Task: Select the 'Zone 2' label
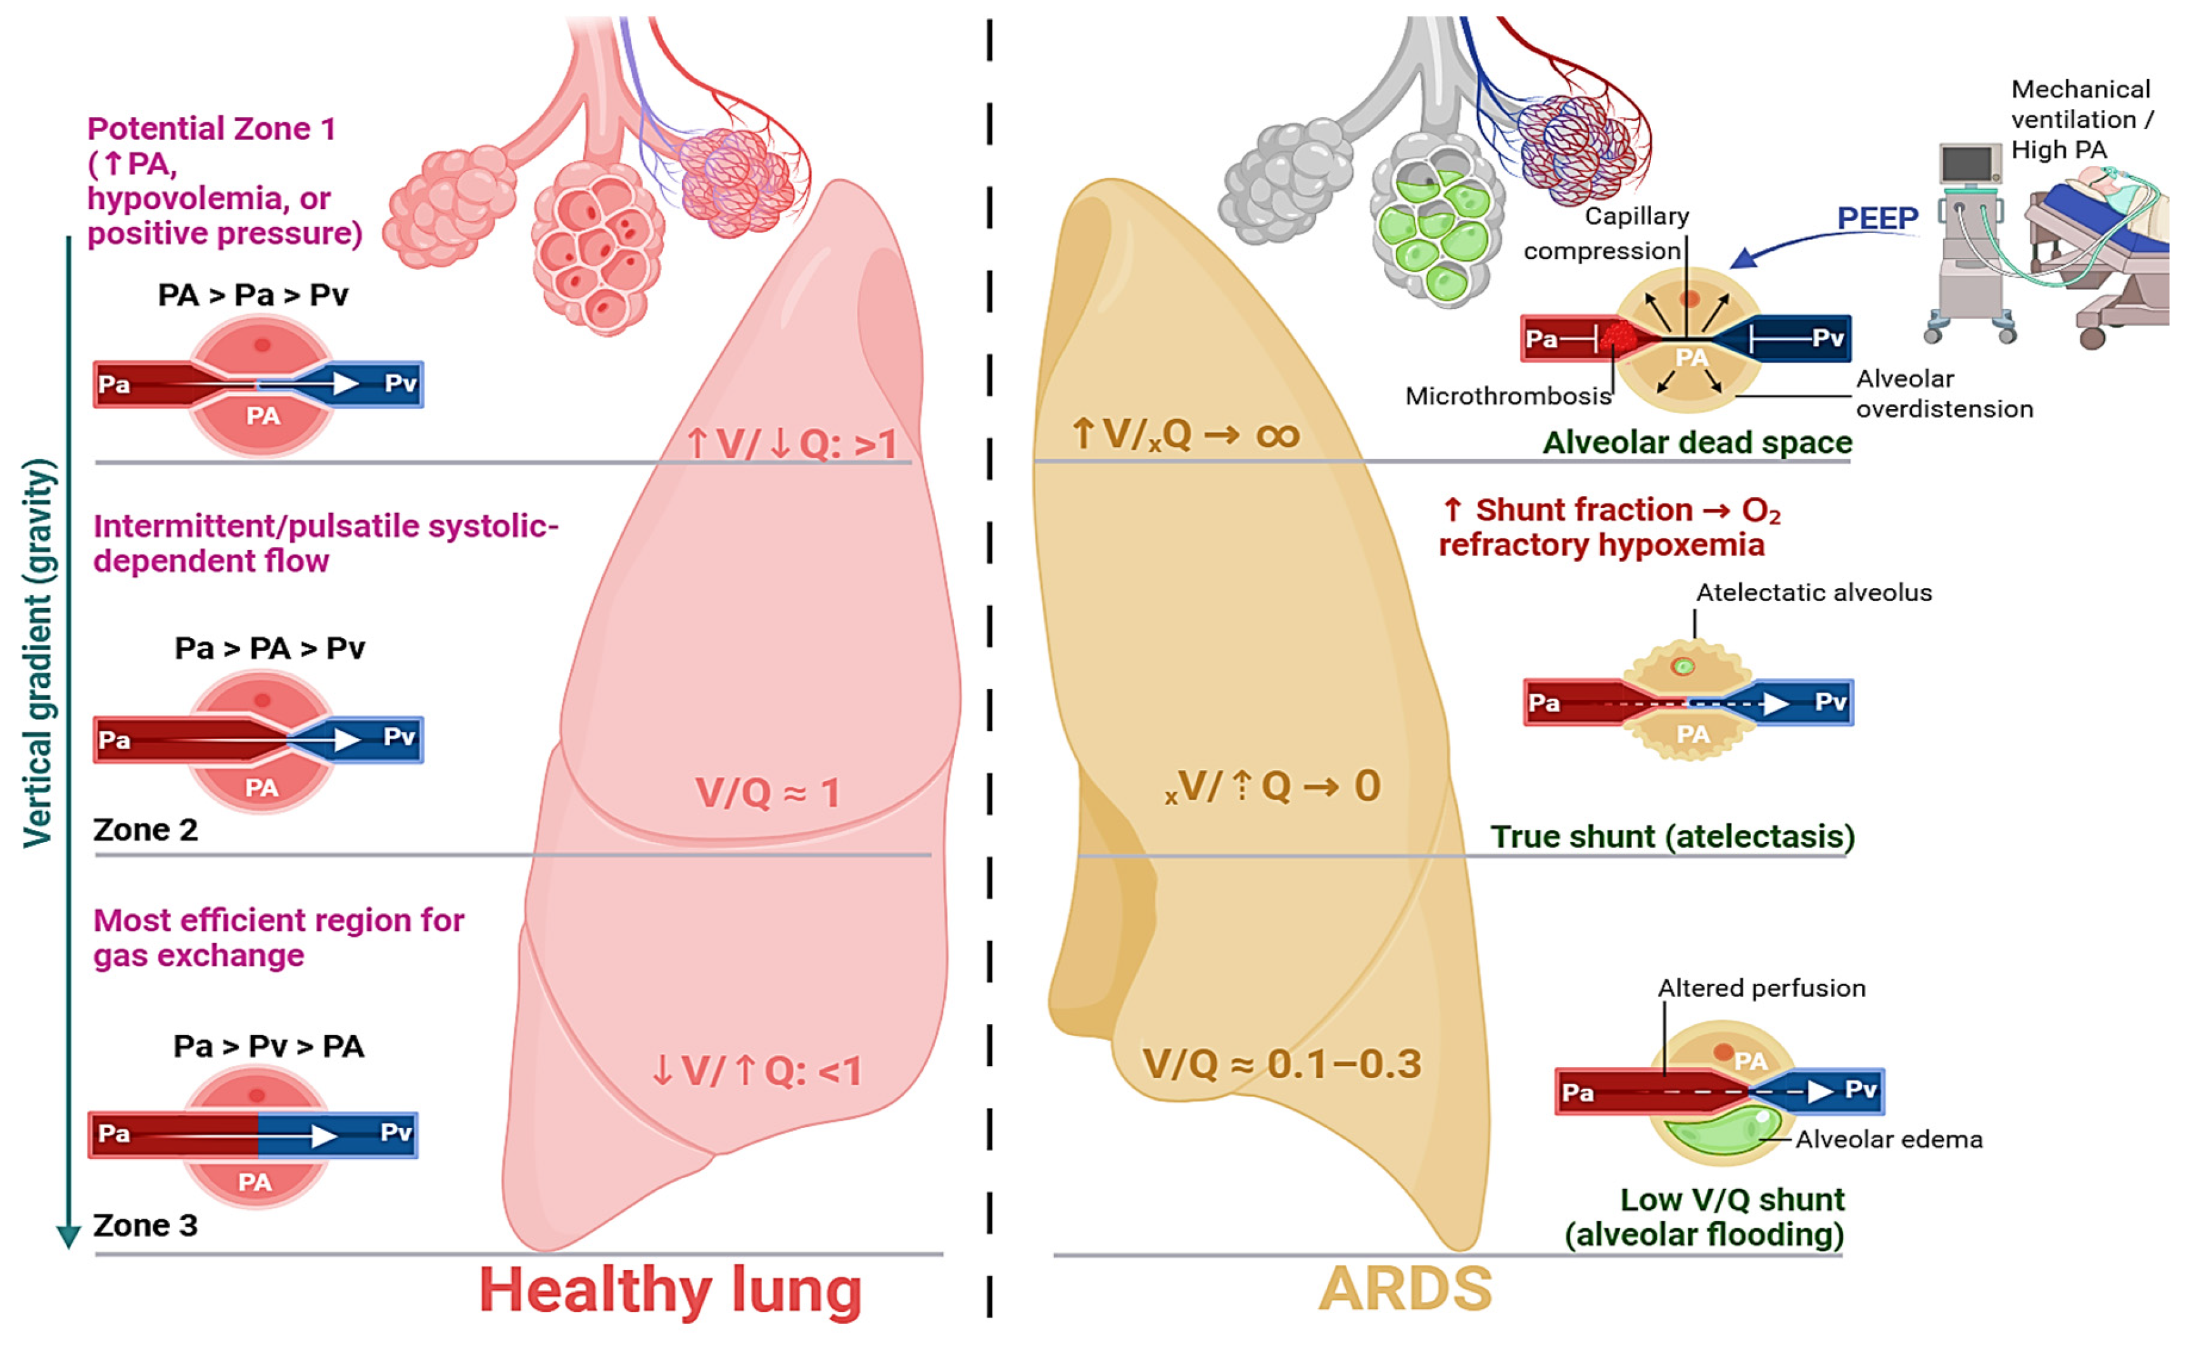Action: click(145, 830)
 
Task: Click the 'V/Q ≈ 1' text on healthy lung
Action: click(767, 792)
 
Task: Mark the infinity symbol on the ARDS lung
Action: click(1277, 435)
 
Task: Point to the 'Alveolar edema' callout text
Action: click(1889, 1140)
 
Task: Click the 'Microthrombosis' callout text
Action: click(1508, 396)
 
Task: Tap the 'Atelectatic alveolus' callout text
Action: click(1814, 593)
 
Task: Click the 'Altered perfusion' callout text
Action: click(1761, 988)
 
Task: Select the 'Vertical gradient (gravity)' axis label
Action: click(39, 652)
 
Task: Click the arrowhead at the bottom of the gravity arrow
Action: click(68, 1238)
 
